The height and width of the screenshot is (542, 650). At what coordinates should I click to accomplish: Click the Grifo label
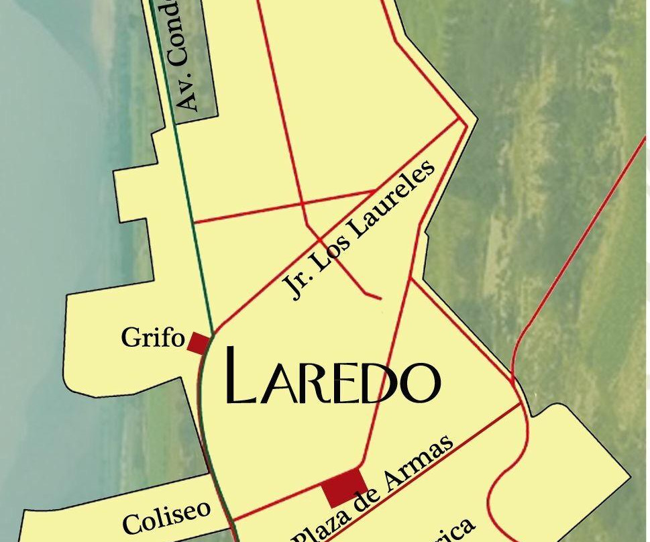click(152, 337)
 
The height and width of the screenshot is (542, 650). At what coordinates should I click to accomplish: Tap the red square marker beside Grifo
click(199, 343)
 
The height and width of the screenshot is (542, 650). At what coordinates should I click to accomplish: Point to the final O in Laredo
click(421, 383)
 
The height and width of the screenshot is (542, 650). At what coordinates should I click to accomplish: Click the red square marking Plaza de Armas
click(345, 488)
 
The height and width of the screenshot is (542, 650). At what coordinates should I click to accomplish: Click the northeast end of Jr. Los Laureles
click(459, 121)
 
